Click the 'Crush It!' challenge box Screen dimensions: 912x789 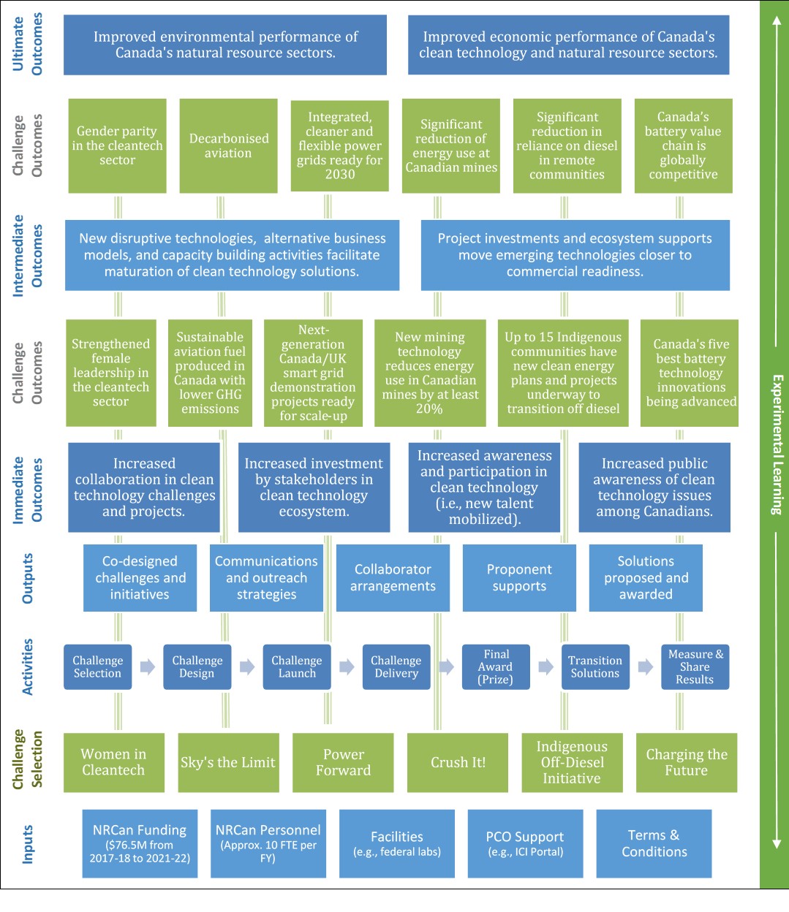pos(458,762)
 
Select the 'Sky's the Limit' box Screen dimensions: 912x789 pos(228,762)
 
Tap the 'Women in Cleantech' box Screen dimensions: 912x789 pos(113,762)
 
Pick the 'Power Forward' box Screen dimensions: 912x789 pos(343,762)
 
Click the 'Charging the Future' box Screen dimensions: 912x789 pos(686,762)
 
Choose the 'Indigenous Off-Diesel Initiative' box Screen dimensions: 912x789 pos(572,762)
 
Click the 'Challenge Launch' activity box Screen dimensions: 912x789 pos(297,666)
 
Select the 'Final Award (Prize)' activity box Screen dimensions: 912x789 pos(496,666)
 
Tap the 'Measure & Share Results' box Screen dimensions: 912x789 pos(695,666)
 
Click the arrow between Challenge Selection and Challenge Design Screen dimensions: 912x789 pos(148,666)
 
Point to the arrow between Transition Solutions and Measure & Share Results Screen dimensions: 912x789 pos(645,666)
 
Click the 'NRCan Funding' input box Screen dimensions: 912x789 pos(140,843)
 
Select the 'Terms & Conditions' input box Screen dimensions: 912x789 pos(654,843)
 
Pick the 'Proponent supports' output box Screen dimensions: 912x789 pos(519,577)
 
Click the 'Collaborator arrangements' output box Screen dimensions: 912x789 pos(393,577)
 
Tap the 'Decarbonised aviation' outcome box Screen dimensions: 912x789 pos(228,145)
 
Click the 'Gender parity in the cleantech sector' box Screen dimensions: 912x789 pos(117,145)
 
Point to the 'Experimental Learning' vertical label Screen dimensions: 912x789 pos(776,444)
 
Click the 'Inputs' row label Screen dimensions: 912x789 pos(28,844)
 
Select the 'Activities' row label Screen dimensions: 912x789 pos(28,666)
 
